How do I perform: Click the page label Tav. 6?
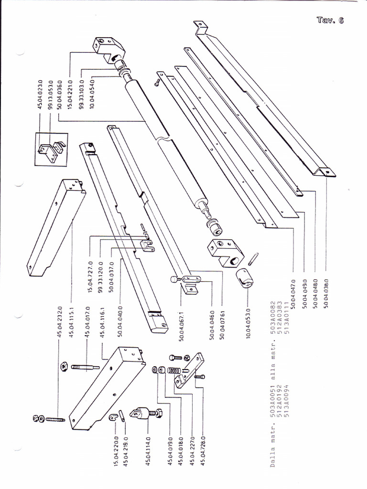330,20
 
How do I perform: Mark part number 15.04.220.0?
116,451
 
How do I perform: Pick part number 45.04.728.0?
203,451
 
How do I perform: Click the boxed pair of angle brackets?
51,149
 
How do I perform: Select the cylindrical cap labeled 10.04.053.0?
244,277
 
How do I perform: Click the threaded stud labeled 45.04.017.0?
85,367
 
